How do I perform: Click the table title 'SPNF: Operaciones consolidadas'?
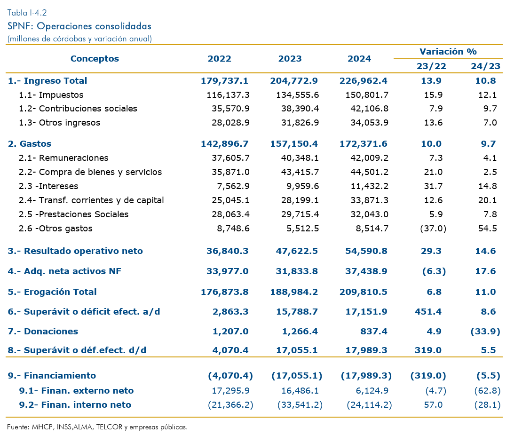79,26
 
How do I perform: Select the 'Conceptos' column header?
95,59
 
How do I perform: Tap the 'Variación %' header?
448,52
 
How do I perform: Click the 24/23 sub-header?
485,66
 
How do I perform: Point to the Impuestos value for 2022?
228,95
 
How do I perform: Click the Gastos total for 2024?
364,144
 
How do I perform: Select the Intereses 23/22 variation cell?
433,186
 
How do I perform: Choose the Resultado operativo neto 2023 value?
297,251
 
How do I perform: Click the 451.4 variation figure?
428,312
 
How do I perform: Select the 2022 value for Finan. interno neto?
230,405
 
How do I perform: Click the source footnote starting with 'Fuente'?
97,427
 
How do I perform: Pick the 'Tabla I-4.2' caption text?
27,13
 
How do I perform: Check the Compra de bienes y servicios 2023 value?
297,172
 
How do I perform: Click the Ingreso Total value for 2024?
364,81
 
